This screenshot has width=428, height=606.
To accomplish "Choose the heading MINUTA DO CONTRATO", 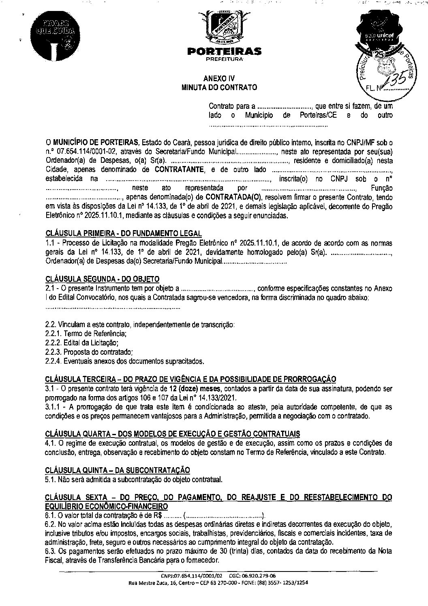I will pos(219,87).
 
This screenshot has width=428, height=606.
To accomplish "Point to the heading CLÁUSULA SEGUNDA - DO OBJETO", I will pos(102,279).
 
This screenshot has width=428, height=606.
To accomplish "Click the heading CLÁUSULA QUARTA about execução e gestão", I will pos(172,433).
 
